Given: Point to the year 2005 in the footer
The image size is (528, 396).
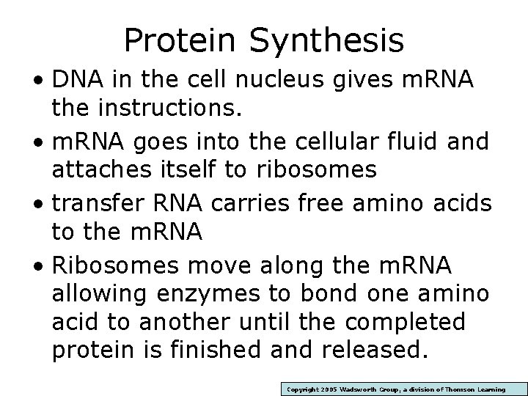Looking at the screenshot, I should (325, 389).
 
